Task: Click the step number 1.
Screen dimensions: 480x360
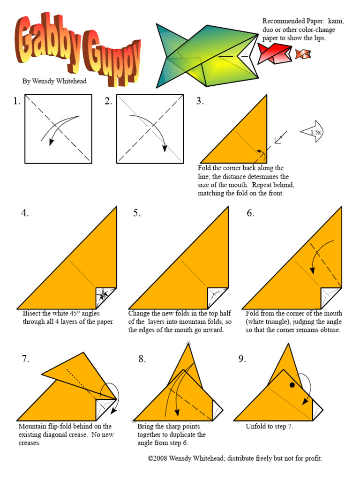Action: click(17, 101)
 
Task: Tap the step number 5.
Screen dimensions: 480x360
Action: click(136, 213)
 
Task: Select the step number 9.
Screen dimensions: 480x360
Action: click(242, 359)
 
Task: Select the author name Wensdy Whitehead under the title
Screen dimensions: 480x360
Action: click(54, 81)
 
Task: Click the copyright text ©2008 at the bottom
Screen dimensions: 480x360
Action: click(157, 458)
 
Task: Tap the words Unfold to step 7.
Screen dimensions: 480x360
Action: click(270, 427)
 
